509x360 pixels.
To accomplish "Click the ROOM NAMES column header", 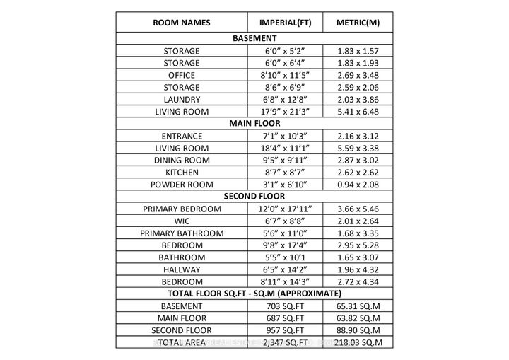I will [182, 23].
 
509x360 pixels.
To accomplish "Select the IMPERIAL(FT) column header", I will [286, 23].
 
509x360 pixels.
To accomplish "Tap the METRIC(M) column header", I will [358, 23].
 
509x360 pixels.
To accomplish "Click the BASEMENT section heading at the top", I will [255, 38].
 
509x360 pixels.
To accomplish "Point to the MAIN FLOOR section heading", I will [255, 123].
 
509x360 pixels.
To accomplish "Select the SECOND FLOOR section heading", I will [255, 196].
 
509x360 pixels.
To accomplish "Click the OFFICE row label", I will [182, 75].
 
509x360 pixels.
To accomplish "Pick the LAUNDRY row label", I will [182, 100].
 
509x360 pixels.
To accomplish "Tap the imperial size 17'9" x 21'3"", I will [286, 112].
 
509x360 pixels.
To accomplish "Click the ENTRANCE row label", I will [182, 136].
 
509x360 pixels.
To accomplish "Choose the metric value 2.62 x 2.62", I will [358, 172].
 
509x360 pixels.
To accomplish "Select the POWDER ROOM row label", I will [182, 184].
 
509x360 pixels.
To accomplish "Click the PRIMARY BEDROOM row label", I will [182, 209].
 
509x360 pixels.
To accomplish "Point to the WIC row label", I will [182, 221].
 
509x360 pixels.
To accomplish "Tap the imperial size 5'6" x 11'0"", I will [286, 233].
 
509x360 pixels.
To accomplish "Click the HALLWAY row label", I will [182, 269].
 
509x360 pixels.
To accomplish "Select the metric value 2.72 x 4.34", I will [358, 281].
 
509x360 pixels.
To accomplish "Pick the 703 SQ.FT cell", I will [286, 306].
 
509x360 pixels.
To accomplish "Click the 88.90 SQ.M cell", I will [358, 330].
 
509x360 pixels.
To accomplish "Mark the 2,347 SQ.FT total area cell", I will [286, 342].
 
